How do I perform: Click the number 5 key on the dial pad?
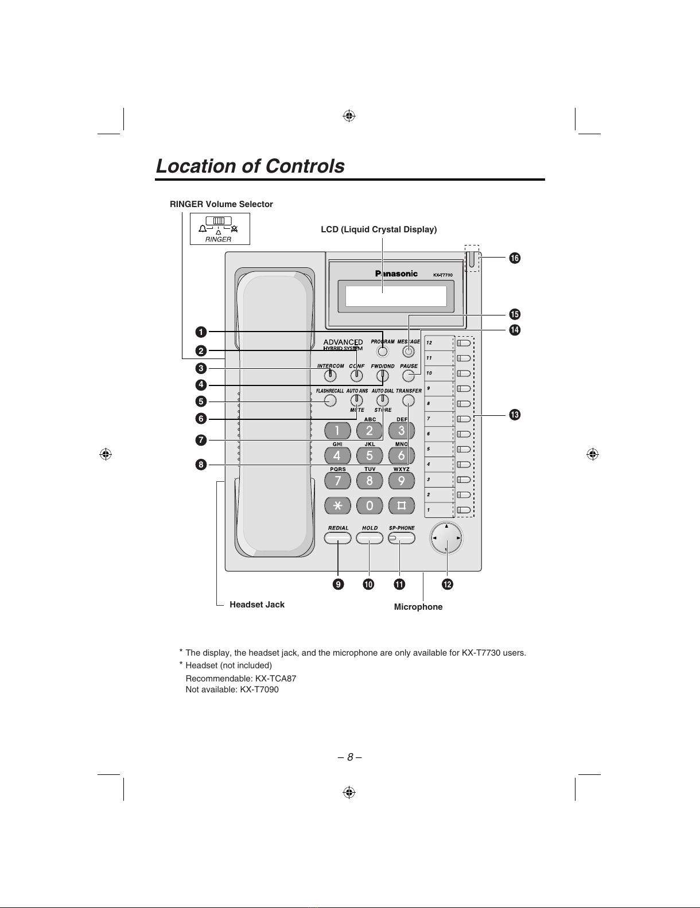point(370,455)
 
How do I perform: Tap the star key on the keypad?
point(338,505)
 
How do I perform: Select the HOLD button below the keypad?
point(370,539)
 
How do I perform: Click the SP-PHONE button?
point(402,539)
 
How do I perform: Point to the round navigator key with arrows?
point(446,538)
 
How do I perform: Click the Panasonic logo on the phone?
point(396,274)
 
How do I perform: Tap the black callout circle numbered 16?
point(515,258)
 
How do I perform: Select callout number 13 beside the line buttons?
point(515,415)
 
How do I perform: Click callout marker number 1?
point(201,332)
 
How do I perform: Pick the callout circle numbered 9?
point(338,584)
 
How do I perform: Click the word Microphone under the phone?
point(418,607)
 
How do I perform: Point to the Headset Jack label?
point(257,605)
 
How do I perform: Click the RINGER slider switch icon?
point(219,221)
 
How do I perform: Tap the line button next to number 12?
point(464,343)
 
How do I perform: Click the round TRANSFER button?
point(409,401)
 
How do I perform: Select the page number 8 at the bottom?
point(350,757)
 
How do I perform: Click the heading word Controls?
point(305,166)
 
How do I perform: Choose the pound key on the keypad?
point(402,505)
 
